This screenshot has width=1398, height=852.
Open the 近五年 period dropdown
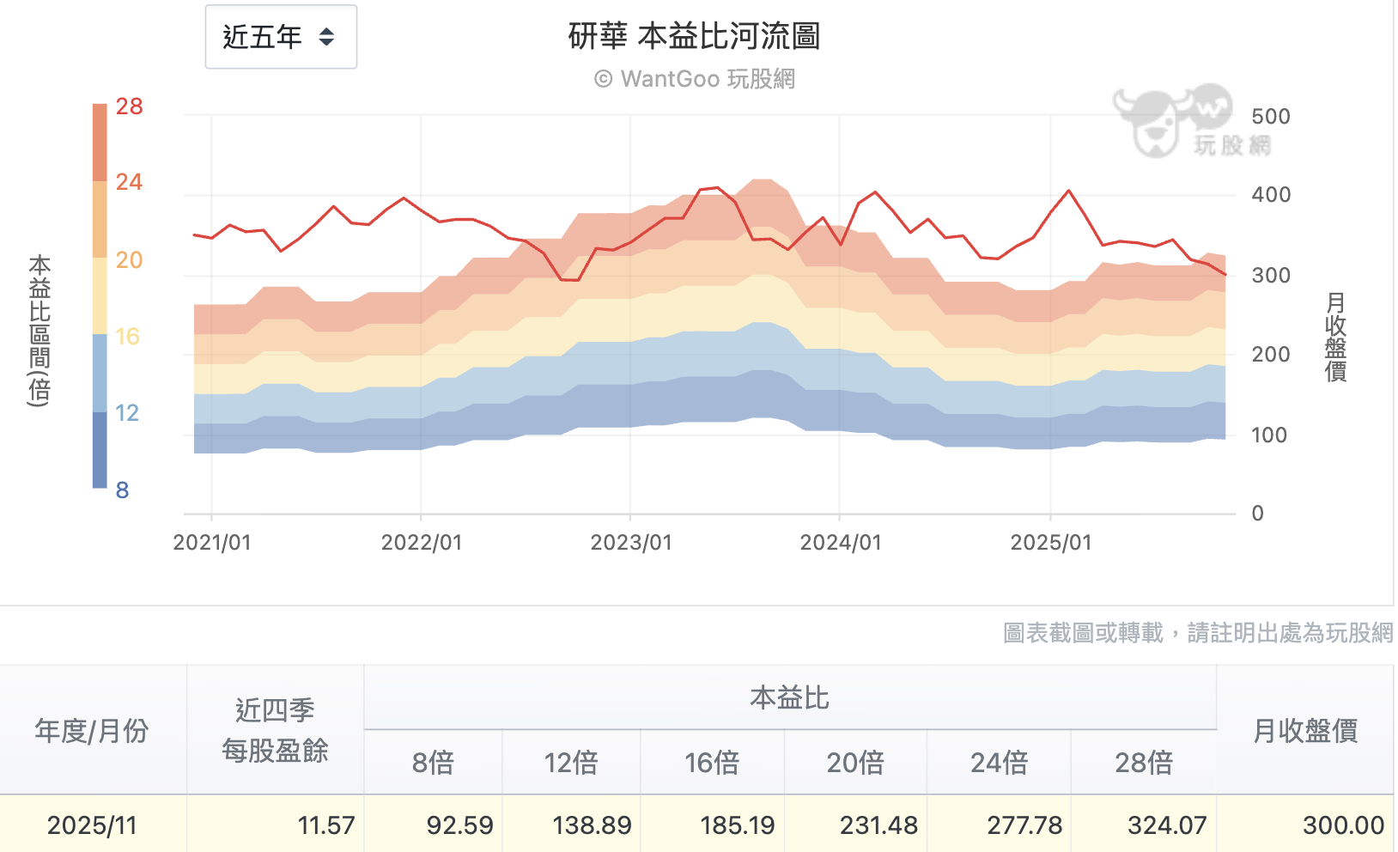[x=280, y=37]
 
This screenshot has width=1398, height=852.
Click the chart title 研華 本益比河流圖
[x=694, y=36]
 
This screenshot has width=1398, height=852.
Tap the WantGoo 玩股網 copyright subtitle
[x=694, y=79]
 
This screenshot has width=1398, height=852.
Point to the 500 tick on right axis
[x=1270, y=117]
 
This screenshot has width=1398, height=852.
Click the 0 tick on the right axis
[x=1257, y=514]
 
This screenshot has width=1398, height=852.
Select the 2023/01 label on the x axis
[x=631, y=543]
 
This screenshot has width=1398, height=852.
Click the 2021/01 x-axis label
[x=212, y=543]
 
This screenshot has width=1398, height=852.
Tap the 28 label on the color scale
[x=129, y=106]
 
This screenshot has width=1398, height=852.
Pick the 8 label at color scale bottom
[x=122, y=490]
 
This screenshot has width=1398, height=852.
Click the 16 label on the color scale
[x=127, y=337]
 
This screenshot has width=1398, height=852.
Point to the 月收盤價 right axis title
[x=1335, y=337]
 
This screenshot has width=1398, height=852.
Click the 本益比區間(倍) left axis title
[x=40, y=330]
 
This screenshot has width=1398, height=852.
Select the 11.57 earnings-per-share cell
[x=325, y=825]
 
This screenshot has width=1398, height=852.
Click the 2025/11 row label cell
[x=92, y=825]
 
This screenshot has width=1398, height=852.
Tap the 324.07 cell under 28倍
[x=1166, y=825]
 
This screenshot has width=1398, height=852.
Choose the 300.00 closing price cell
[x=1342, y=825]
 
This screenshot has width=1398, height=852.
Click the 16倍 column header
[x=711, y=763]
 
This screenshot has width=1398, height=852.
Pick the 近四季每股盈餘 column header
[x=275, y=730]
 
